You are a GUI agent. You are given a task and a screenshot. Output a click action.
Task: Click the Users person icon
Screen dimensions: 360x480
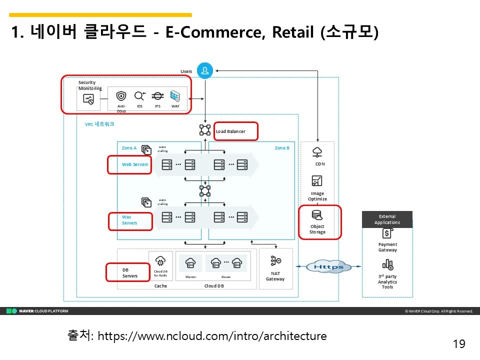(x=205, y=71)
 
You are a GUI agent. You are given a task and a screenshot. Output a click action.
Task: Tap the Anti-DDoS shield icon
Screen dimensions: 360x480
(x=121, y=96)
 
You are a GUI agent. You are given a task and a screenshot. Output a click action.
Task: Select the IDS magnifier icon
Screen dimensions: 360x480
(x=139, y=96)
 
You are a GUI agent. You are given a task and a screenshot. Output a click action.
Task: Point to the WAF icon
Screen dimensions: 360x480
(x=175, y=96)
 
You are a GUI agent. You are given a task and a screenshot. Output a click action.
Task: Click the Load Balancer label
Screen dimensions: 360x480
(x=230, y=131)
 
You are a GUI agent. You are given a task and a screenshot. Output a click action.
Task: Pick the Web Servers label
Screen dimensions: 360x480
(x=135, y=164)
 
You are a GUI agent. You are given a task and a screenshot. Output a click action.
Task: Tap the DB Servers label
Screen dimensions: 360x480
(x=129, y=273)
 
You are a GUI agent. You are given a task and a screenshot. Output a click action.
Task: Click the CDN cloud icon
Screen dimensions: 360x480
(x=317, y=152)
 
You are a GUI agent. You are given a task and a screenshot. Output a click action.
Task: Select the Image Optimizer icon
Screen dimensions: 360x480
(x=317, y=180)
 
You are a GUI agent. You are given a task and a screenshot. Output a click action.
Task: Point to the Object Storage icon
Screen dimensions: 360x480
(x=317, y=215)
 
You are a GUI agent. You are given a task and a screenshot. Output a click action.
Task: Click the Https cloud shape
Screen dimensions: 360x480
(x=328, y=266)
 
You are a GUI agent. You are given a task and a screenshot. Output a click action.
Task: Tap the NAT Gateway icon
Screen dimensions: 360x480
(x=275, y=260)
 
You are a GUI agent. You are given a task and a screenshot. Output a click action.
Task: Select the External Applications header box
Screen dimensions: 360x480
(x=387, y=219)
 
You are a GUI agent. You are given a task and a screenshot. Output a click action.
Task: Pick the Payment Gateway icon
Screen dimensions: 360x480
(x=387, y=233)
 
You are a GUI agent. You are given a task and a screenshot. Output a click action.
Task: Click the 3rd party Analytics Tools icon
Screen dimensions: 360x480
(x=387, y=264)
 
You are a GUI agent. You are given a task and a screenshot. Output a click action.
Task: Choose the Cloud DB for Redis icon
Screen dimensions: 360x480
(x=160, y=260)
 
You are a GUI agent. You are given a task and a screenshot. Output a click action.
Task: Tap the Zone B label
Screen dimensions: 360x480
(x=282, y=148)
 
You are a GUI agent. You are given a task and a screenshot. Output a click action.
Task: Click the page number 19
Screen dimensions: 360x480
(x=459, y=344)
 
